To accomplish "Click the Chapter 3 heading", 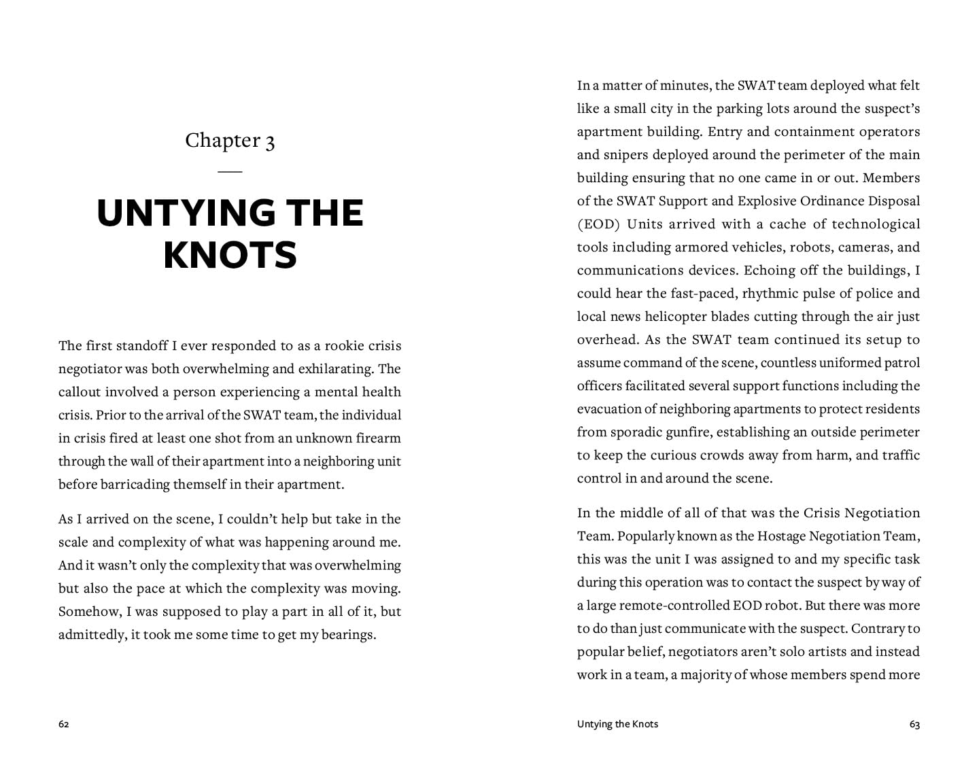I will coord(230,140).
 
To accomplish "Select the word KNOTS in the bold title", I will coord(230,255).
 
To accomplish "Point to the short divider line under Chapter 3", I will coord(230,171).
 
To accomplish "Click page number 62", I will coord(64,725).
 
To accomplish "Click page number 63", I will coord(914,725).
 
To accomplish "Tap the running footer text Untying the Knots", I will coord(617,725).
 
